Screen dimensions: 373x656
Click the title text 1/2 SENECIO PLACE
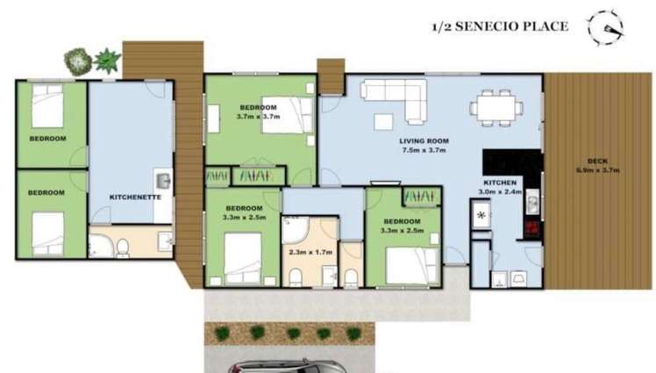click(500, 26)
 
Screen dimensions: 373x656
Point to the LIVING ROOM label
click(424, 140)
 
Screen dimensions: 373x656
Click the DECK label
click(597, 161)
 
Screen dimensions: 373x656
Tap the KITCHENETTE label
click(135, 197)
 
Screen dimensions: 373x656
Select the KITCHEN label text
click(499, 182)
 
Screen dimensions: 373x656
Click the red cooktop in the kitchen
click(531, 229)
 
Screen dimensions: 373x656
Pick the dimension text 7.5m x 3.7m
click(424, 150)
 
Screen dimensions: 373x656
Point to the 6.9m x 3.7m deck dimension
click(597, 170)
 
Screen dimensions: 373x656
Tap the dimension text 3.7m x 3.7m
click(259, 116)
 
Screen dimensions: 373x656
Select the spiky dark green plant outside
click(107, 61)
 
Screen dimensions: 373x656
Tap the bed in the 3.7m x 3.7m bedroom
click(284, 114)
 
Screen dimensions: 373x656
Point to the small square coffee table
click(383, 121)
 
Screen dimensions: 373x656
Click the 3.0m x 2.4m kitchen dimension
click(499, 191)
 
